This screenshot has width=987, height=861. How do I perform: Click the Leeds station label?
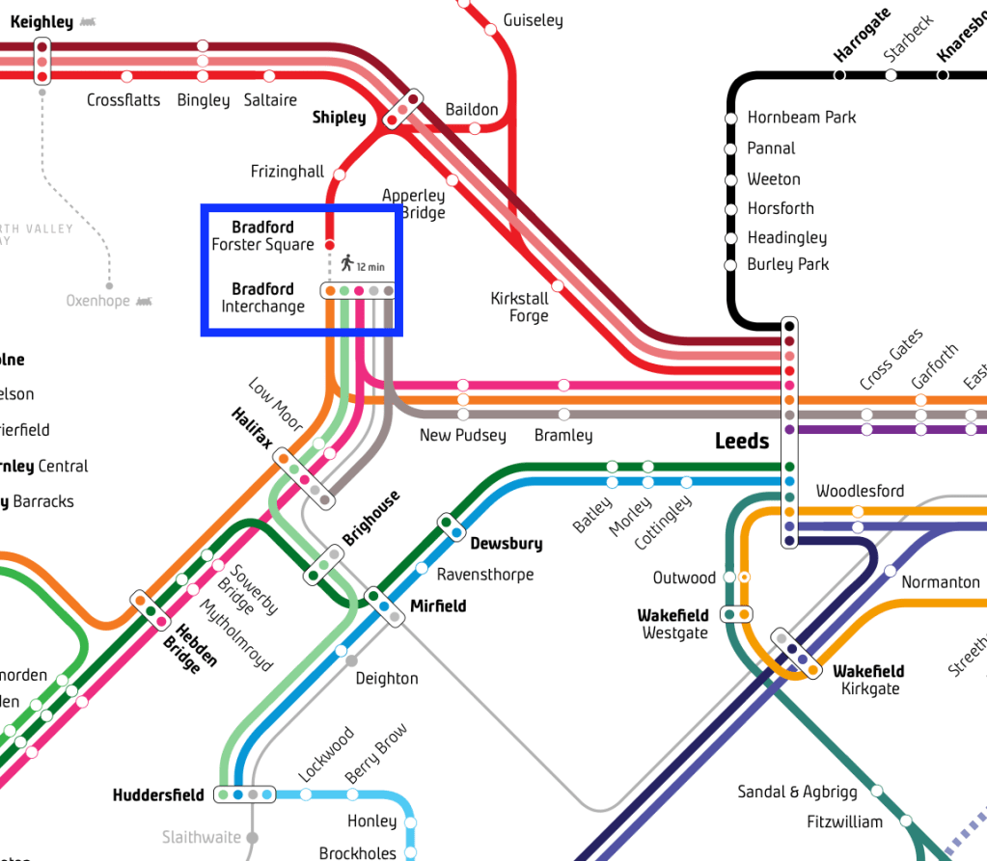coord(741,442)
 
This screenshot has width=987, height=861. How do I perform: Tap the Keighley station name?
coord(41,21)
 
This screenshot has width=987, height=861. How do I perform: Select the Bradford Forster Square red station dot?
coord(329,245)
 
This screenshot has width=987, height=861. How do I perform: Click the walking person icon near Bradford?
coord(347,262)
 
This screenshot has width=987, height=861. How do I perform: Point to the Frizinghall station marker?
coord(340,175)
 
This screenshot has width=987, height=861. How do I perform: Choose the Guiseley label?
coord(533,20)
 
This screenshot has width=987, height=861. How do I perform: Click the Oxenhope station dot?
coord(110,285)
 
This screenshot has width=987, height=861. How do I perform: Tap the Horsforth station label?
coord(781,208)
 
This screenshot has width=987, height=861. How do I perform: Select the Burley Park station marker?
coord(731,265)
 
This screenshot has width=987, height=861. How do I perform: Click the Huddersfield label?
coord(158,795)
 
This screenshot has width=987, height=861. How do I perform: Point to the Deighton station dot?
coord(351,660)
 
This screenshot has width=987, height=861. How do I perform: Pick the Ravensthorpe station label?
coord(485,575)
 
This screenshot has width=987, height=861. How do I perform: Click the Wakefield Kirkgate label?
coord(869,680)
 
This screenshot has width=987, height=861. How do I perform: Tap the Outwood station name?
coord(684,578)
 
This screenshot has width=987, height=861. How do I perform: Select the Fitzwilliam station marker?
coord(906,822)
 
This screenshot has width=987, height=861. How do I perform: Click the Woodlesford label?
coord(860,491)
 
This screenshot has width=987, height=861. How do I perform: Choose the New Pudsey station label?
coord(462,435)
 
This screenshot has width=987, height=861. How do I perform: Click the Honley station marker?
coord(411,822)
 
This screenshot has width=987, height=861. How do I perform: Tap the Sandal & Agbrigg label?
coord(797,792)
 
